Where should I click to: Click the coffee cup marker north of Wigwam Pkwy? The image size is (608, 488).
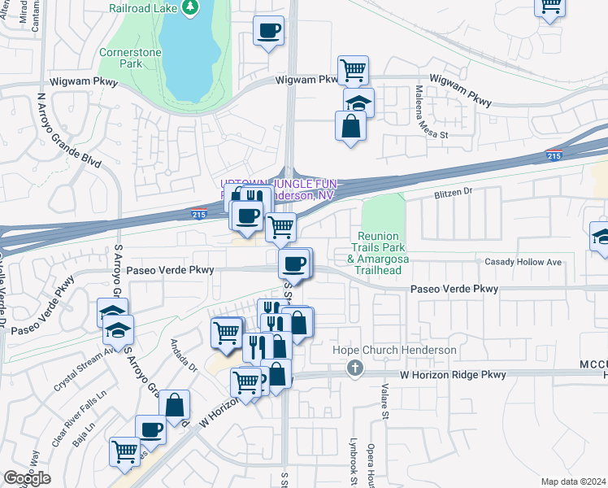pos(269,32)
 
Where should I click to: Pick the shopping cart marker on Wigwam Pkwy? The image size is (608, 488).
pos(353,71)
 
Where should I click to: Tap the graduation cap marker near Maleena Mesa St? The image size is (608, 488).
pos(358,103)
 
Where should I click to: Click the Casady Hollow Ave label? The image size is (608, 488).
pos(523,262)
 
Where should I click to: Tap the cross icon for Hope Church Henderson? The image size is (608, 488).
pos(354,370)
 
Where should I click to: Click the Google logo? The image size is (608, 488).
pos(27,478)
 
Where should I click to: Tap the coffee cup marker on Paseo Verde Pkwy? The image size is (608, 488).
pos(295,264)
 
